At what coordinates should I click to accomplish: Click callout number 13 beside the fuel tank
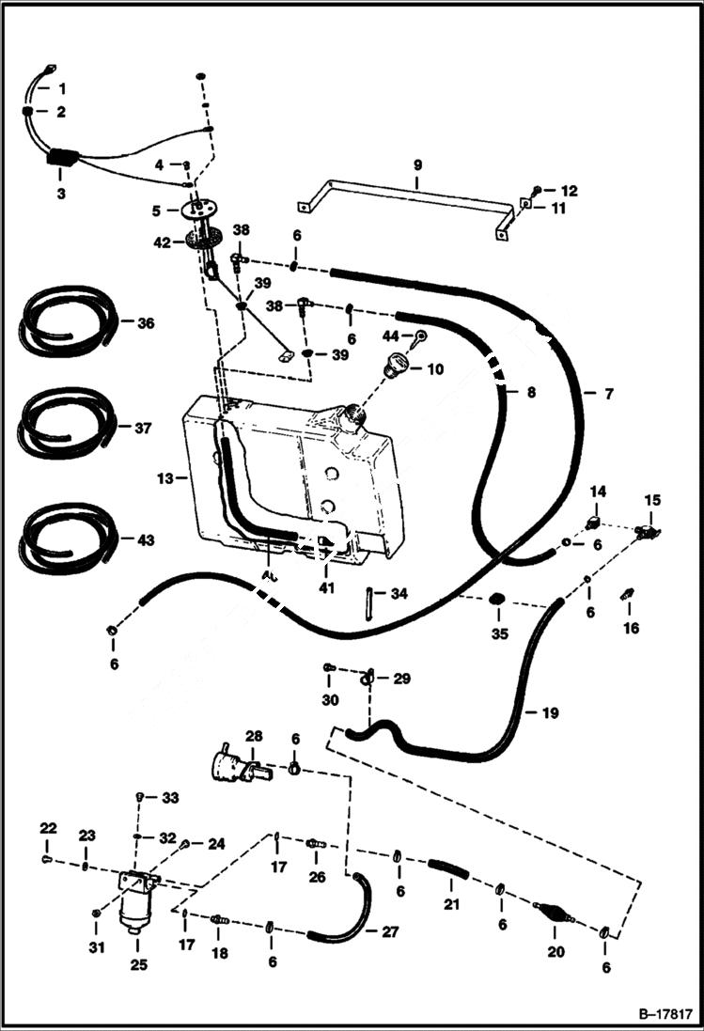pyautogui.click(x=165, y=477)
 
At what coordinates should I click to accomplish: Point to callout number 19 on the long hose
pyautogui.click(x=550, y=713)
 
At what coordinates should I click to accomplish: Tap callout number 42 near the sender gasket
pyautogui.click(x=163, y=242)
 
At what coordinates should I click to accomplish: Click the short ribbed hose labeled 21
pyautogui.click(x=447, y=870)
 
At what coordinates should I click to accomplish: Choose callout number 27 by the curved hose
pyautogui.click(x=388, y=932)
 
